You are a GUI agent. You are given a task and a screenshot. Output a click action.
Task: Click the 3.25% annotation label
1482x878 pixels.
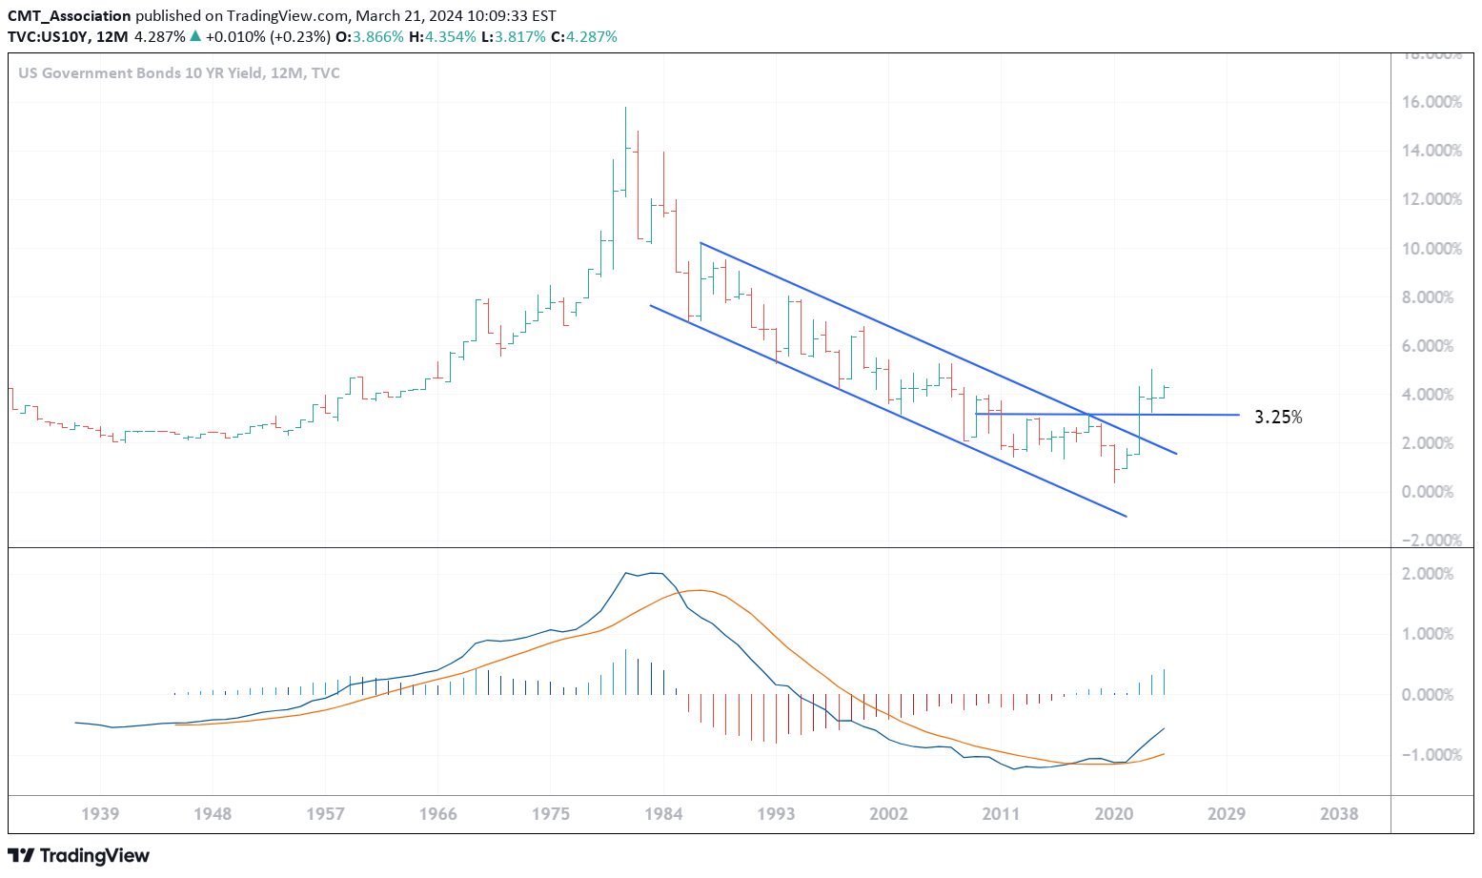point(1277,418)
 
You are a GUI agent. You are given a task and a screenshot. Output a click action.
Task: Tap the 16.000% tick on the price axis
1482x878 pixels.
point(1430,102)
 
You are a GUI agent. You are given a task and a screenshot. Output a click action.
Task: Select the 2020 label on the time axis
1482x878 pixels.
point(1113,814)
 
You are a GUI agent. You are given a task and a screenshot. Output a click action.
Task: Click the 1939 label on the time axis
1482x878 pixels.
point(100,814)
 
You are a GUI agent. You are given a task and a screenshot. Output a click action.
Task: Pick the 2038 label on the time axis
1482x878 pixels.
point(1339,814)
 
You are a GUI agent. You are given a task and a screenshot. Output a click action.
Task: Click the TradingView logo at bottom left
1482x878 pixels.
point(78,855)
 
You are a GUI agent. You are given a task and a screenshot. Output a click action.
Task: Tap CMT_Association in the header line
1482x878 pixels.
point(70,16)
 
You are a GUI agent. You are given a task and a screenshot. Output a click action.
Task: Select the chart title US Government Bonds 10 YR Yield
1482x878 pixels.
point(140,73)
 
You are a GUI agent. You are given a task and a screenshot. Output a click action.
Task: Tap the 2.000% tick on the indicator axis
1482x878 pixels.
point(1430,574)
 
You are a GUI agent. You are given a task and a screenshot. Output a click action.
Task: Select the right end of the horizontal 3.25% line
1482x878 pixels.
point(1239,415)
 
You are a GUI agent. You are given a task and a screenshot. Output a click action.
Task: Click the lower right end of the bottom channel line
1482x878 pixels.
point(1126,516)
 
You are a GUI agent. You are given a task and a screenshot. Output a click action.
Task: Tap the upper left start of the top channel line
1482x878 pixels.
point(700,243)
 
